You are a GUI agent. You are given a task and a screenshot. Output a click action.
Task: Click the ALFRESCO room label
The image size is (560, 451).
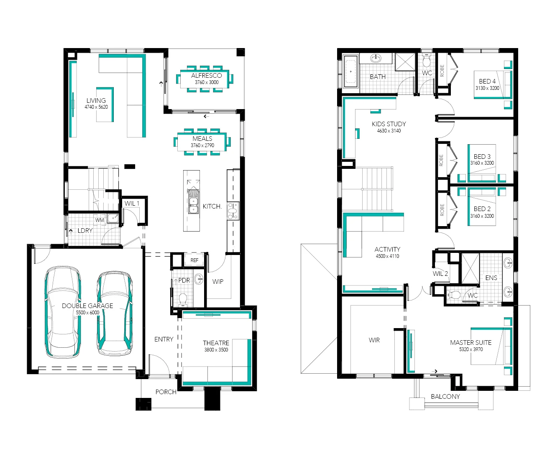click(206, 76)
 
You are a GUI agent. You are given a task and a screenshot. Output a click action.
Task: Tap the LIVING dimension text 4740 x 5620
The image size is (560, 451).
click(96, 107)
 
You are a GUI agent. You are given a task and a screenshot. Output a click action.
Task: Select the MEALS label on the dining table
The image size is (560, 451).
click(202, 138)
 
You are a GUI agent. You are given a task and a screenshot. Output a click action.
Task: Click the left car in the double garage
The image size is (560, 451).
click(63, 311)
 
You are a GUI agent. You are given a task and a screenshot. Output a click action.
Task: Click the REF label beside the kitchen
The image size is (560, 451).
click(194, 260)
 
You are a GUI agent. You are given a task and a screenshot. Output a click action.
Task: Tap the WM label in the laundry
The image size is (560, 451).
click(100, 220)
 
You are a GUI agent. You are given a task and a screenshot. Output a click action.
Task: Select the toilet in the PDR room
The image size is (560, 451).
click(183, 299)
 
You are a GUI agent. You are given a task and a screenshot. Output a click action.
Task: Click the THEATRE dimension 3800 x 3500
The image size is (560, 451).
click(216, 350)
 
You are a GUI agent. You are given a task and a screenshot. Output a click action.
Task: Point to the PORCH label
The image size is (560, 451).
click(166, 392)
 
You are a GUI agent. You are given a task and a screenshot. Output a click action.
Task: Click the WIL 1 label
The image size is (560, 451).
click(132, 204)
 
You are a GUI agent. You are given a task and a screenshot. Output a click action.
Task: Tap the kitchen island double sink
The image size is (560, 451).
click(193, 205)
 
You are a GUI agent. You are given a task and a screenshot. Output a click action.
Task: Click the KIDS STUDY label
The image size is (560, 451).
click(389, 124)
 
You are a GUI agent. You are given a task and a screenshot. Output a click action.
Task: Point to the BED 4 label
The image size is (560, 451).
click(487, 82)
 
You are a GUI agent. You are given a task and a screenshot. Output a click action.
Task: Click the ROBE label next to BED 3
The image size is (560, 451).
click(441, 160)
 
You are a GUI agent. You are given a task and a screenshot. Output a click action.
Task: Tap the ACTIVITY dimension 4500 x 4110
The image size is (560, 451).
click(387, 256)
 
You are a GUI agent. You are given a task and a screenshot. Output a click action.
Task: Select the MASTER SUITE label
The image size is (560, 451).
click(471, 342)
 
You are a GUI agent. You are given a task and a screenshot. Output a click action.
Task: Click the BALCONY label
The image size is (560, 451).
click(445, 397)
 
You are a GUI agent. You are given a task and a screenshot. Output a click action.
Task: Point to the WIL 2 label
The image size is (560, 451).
click(440, 274)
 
